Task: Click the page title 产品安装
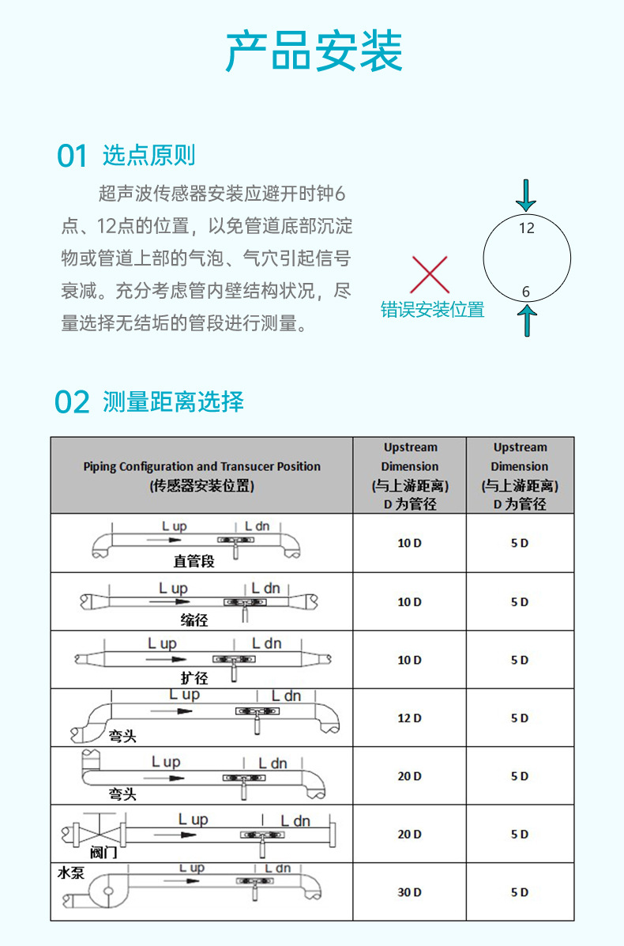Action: coord(314,52)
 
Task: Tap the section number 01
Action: coord(72,156)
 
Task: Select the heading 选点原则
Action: coord(148,156)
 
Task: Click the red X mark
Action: coord(430,274)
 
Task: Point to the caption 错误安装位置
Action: coord(432,310)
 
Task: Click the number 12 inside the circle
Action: coord(527,228)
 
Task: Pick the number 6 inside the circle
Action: coord(527,292)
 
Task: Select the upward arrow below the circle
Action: coord(527,320)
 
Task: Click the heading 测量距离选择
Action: coord(173,401)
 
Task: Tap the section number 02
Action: coord(72,402)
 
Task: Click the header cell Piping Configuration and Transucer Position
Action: coord(201,475)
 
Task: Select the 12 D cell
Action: coord(409,718)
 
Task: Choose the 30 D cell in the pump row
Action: coord(409,892)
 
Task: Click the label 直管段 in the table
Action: coord(194,562)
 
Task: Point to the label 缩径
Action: coord(194,620)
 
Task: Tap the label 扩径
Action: coord(194,678)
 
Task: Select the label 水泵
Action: coord(71,873)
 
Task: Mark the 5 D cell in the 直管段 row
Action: coord(519,544)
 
